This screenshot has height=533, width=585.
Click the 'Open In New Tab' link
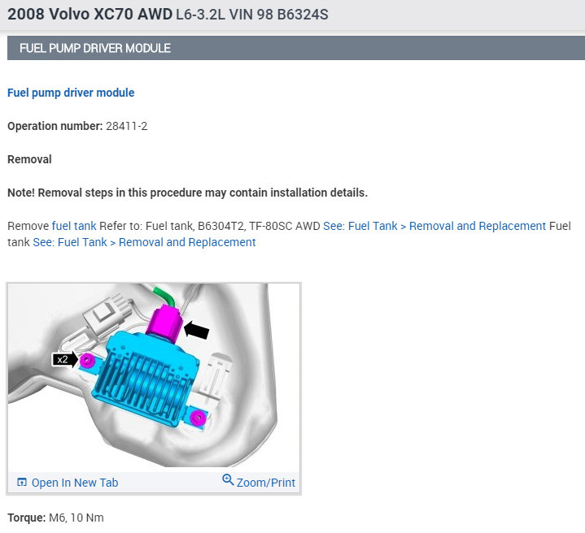click(x=75, y=483)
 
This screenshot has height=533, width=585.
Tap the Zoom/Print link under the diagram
click(x=265, y=483)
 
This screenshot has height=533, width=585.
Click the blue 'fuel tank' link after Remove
click(x=74, y=226)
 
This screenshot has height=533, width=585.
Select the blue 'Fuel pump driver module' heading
click(x=71, y=93)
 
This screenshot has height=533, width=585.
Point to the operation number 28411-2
click(x=126, y=126)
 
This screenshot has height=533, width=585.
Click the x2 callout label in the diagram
click(x=63, y=359)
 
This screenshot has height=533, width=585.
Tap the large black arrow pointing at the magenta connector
click(x=197, y=330)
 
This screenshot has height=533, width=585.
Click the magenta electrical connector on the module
click(x=164, y=323)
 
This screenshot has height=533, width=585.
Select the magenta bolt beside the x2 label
click(x=87, y=360)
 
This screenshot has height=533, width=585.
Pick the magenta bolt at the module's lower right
click(x=198, y=417)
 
